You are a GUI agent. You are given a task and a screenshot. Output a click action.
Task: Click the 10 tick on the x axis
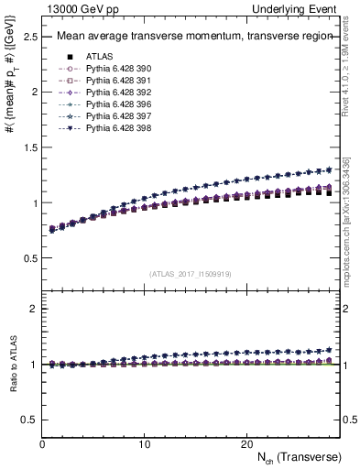point(144,444)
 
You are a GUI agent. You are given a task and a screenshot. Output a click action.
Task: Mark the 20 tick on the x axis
point(246,444)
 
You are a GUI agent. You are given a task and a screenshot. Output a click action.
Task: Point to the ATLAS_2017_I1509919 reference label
point(190,274)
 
